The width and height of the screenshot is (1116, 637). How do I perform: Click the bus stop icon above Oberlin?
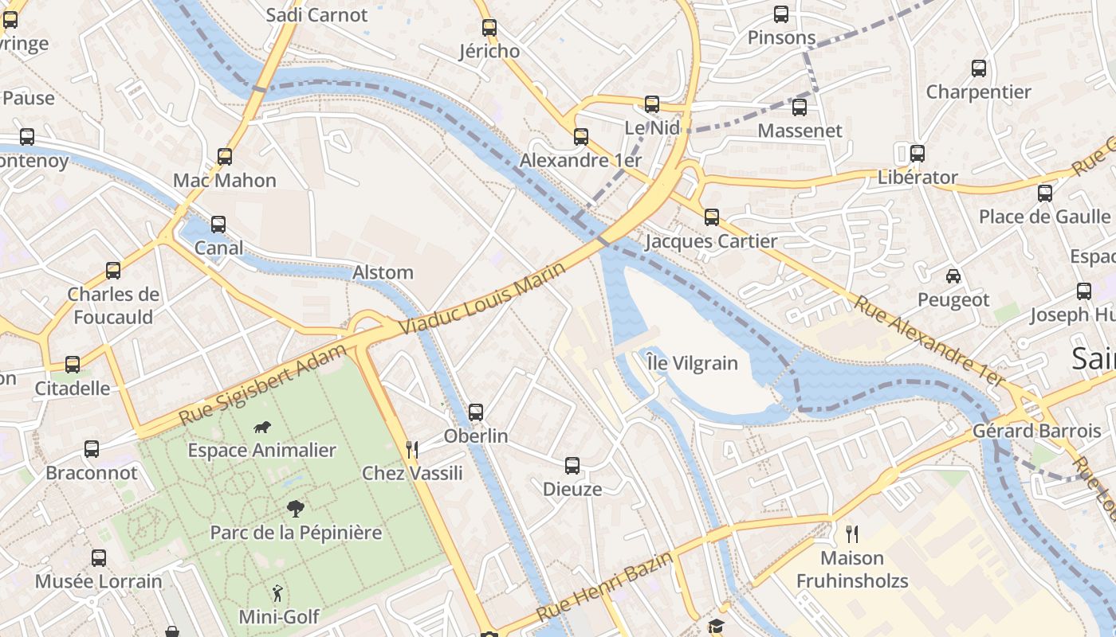pyautogui.click(x=476, y=412)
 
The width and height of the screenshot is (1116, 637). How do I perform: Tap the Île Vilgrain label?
pyautogui.click(x=692, y=363)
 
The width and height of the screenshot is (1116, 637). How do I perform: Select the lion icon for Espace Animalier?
pyautogui.click(x=262, y=428)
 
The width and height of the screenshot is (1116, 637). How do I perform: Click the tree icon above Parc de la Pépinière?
pyautogui.click(x=296, y=509)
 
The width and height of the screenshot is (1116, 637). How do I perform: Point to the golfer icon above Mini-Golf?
pyautogui.click(x=277, y=593)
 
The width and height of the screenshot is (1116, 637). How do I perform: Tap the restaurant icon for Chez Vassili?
pyautogui.click(x=412, y=450)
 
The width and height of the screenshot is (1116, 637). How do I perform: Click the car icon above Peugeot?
pyautogui.click(x=953, y=276)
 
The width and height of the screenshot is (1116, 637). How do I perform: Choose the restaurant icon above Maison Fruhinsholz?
pyautogui.click(x=852, y=533)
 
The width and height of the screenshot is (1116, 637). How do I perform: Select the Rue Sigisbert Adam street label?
pyautogui.click(x=263, y=384)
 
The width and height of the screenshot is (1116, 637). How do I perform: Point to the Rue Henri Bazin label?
pyautogui.click(x=604, y=588)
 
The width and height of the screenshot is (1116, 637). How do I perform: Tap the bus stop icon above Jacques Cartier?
pyautogui.click(x=711, y=217)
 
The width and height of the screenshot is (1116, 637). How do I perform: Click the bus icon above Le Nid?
pyautogui.click(x=652, y=104)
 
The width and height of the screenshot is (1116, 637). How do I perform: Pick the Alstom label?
pyautogui.click(x=383, y=272)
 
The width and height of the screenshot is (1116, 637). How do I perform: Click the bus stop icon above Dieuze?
pyautogui.click(x=572, y=466)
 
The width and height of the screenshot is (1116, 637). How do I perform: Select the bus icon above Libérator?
pyautogui.click(x=918, y=153)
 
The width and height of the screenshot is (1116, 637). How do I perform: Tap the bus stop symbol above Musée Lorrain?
pyautogui.click(x=99, y=557)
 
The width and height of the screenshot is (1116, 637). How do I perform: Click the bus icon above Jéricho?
pyautogui.click(x=489, y=27)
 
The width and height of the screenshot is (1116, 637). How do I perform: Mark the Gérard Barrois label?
pyautogui.click(x=1036, y=432)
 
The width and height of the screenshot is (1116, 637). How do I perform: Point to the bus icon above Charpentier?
pyautogui.click(x=979, y=68)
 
